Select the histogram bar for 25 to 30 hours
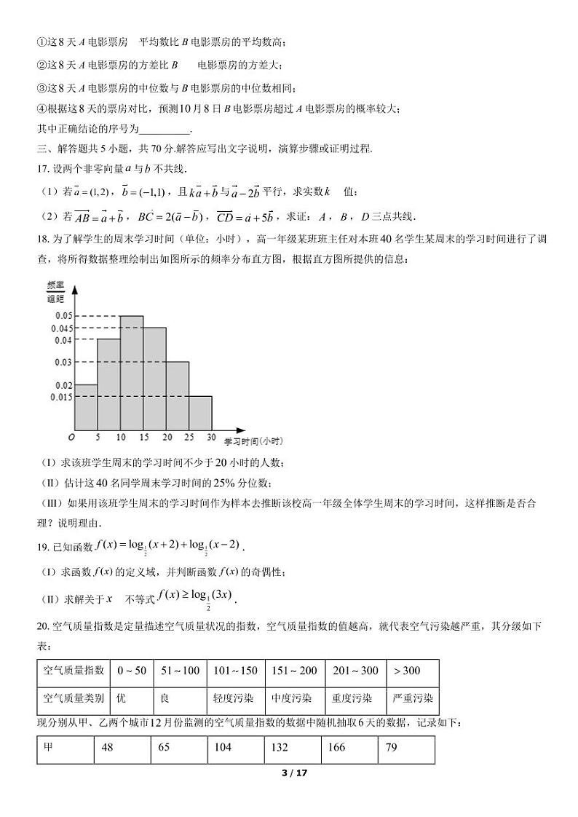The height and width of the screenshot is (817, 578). click(x=201, y=413)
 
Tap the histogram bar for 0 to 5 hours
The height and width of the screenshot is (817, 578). click(x=86, y=407)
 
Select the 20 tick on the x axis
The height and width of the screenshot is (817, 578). click(x=167, y=437)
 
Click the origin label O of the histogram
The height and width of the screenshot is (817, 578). click(x=71, y=437)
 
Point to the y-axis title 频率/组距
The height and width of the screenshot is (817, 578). click(x=56, y=291)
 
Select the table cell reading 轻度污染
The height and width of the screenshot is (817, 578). click(x=235, y=698)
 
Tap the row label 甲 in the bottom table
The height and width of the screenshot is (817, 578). click(x=49, y=748)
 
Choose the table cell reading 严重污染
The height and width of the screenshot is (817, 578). click(x=412, y=698)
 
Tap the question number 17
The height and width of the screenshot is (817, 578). click(x=42, y=169)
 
